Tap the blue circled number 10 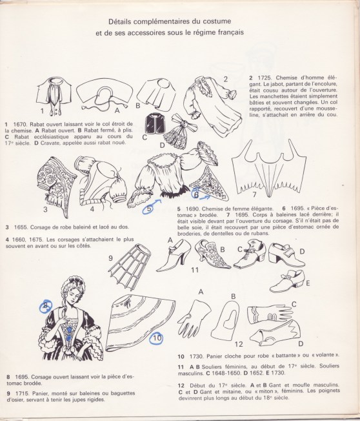(x=157, y=336)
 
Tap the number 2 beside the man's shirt (x=226, y=79)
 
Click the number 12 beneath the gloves (x=239, y=345)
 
